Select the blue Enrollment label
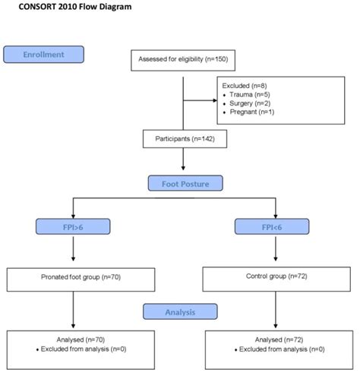(x=43, y=55)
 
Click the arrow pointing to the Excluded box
(x=201, y=98)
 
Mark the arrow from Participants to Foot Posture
(x=182, y=160)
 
